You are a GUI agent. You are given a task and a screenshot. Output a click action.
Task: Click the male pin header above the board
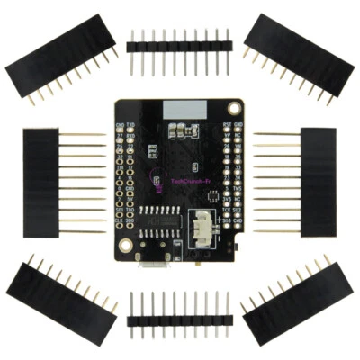(180, 44)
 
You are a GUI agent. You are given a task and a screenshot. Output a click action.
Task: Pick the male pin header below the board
(180, 319)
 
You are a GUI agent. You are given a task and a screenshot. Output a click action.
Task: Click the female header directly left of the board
(41, 182)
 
